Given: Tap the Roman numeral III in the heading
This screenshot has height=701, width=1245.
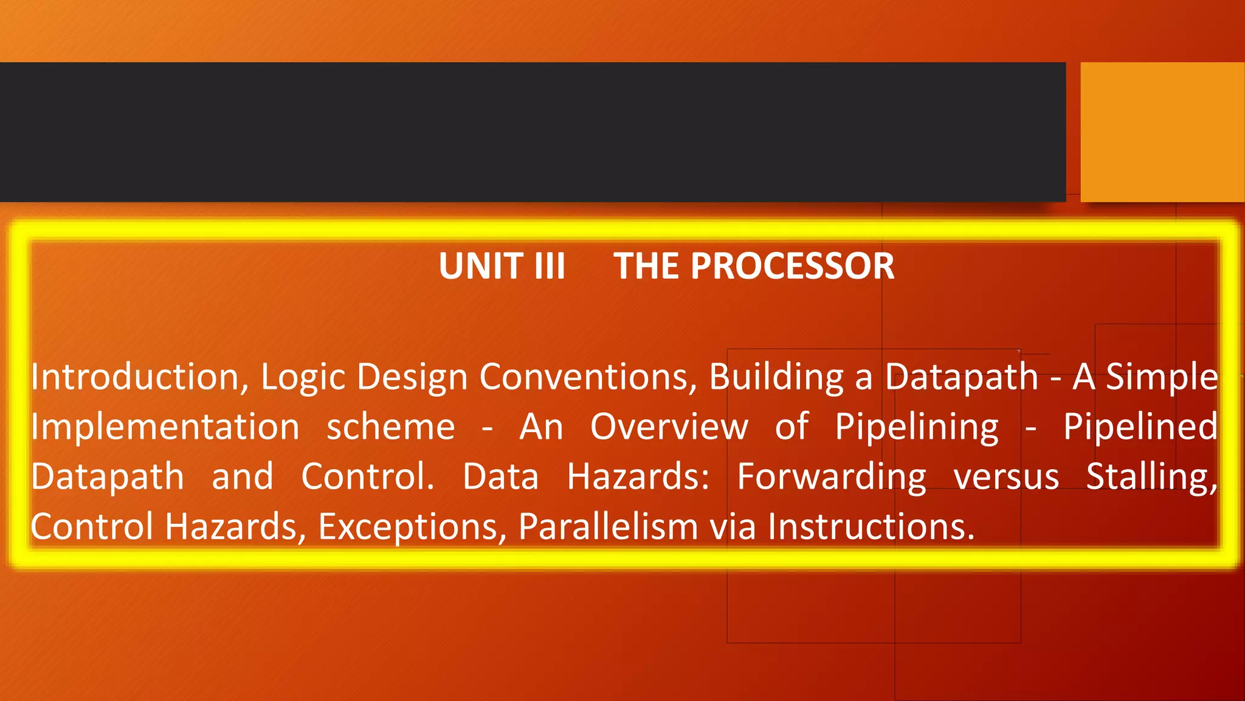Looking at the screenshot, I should [x=550, y=267].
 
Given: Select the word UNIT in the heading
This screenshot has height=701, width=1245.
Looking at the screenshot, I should [x=481, y=267].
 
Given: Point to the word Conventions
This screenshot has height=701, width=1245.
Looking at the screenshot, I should [x=588, y=377].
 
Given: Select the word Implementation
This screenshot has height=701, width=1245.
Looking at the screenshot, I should [x=165, y=427].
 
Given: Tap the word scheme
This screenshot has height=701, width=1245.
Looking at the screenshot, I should [x=391, y=427].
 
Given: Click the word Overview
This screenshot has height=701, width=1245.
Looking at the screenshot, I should [x=669, y=427].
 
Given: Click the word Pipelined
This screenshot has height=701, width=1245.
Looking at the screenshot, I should [x=1140, y=427].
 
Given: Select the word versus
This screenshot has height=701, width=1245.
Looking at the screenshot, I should [x=1006, y=477].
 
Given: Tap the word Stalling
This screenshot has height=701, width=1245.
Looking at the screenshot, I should [x=1151, y=477].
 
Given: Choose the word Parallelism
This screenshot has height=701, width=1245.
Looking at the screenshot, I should [x=608, y=526].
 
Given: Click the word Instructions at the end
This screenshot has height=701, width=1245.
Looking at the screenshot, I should [x=870, y=526].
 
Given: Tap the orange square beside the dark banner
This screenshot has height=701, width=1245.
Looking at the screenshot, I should [x=1162, y=131].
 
